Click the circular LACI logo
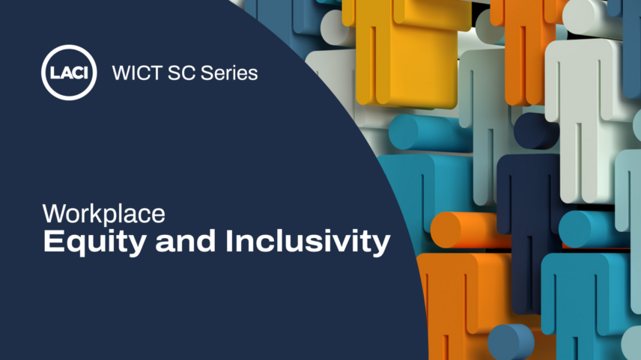69,73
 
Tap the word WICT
137,73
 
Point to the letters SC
181,73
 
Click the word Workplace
104,214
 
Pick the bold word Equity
94,242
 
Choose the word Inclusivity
308,242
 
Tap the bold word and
185,242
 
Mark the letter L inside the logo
55,73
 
